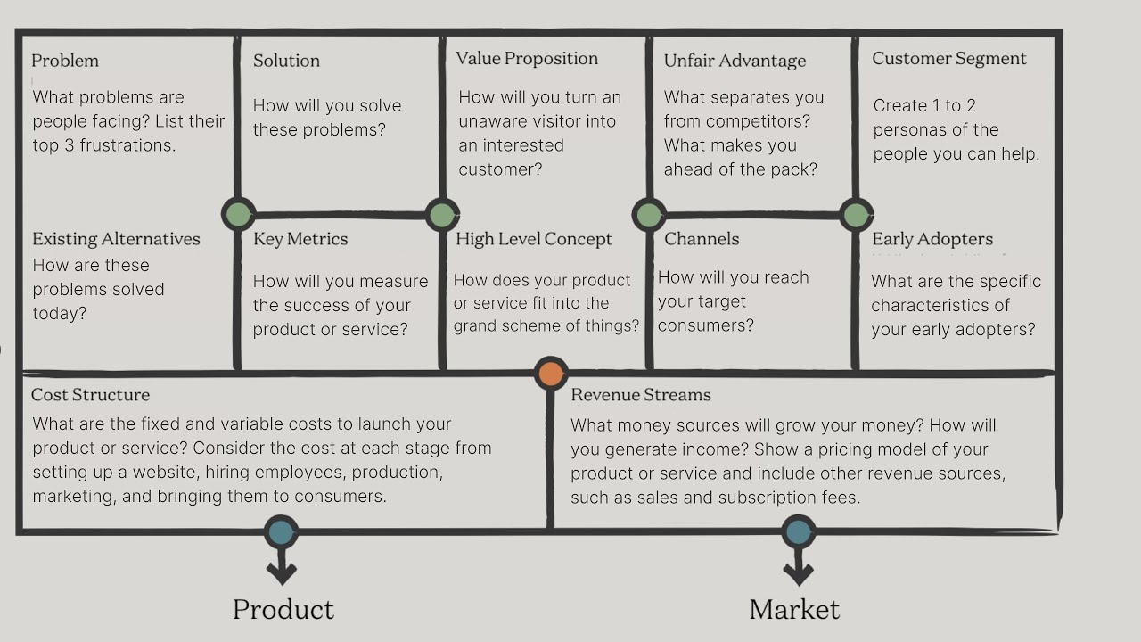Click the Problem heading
coord(65,61)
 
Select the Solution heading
coord(286,61)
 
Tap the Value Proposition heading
coord(527,59)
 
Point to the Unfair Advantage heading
coord(735,61)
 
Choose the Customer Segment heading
coord(949,59)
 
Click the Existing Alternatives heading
coord(116,239)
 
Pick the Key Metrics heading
coord(300,239)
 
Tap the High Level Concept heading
coord(534,239)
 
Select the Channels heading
coord(702,239)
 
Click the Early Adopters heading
coord(932,239)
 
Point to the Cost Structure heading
coord(90,395)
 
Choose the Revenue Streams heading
coord(641,395)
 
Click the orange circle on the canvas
coord(551,374)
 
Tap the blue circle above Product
coord(281,532)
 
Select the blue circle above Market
coord(798,532)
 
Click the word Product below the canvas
coord(283,610)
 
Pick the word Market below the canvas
coord(794,610)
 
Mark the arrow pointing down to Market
coord(798,568)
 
